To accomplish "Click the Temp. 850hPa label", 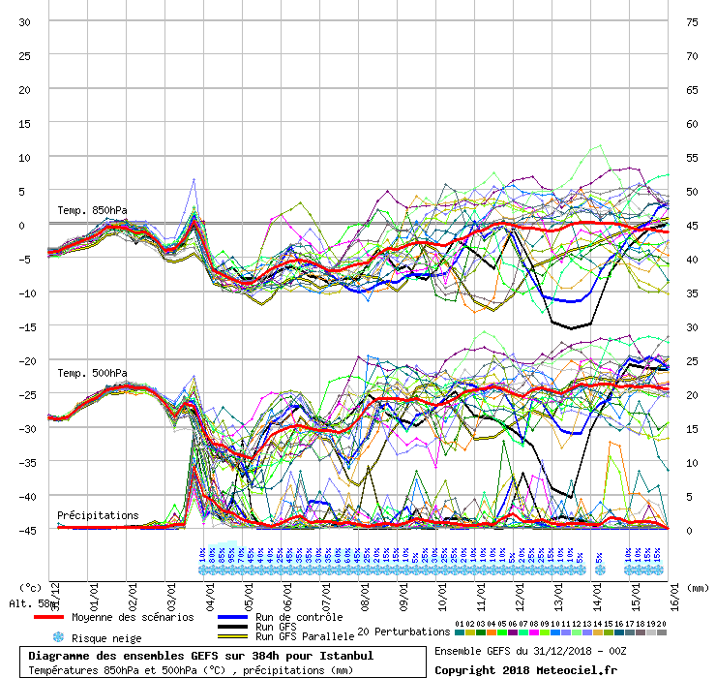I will coord(92,210).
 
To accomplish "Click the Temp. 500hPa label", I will coord(92,373).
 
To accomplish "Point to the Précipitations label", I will coord(98,515).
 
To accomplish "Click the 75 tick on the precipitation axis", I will coord(692,21).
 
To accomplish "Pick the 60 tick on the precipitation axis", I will coord(692,123).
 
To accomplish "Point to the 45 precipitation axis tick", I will coord(692,225).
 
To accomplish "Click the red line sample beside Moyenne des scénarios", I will coord(62,617).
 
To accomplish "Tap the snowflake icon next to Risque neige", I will coord(58,637).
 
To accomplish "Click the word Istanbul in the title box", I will coord(343,656).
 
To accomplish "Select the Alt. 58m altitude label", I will coord(28,603).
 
